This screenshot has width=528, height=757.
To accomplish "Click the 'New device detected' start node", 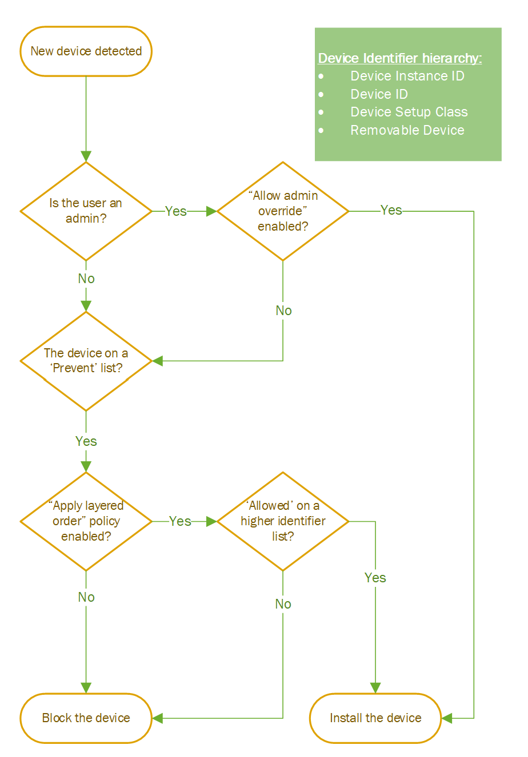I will (x=86, y=51).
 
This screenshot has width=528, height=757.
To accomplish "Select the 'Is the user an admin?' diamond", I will (x=86, y=211).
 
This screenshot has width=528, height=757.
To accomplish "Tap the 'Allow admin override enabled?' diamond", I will (x=283, y=211).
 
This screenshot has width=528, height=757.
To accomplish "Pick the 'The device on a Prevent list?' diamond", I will (x=86, y=361).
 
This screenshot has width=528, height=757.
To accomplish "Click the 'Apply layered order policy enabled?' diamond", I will (x=86, y=521).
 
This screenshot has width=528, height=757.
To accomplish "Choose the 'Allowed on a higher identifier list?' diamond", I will (x=283, y=521).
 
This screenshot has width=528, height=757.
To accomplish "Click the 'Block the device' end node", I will (x=86, y=718).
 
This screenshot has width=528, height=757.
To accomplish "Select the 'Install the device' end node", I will (x=375, y=718).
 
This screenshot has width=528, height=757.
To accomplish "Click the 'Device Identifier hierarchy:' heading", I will (x=400, y=58).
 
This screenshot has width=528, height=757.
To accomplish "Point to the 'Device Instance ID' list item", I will (x=407, y=76).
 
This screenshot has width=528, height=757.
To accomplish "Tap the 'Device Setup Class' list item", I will (x=409, y=112).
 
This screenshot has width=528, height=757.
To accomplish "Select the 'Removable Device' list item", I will (x=407, y=130).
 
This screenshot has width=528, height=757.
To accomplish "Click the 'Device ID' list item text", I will (x=379, y=94).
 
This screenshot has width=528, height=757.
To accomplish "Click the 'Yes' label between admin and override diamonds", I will (x=176, y=211).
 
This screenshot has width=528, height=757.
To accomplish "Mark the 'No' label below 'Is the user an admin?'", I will (x=86, y=279).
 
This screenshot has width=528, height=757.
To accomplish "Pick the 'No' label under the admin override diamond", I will (x=283, y=311).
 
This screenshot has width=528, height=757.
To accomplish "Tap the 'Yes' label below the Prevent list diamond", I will (x=86, y=441).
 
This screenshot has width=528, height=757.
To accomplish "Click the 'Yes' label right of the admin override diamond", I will (x=391, y=210).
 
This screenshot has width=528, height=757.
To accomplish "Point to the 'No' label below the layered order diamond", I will (x=86, y=597).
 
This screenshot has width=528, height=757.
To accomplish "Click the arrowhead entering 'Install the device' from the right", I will (x=447, y=718).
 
